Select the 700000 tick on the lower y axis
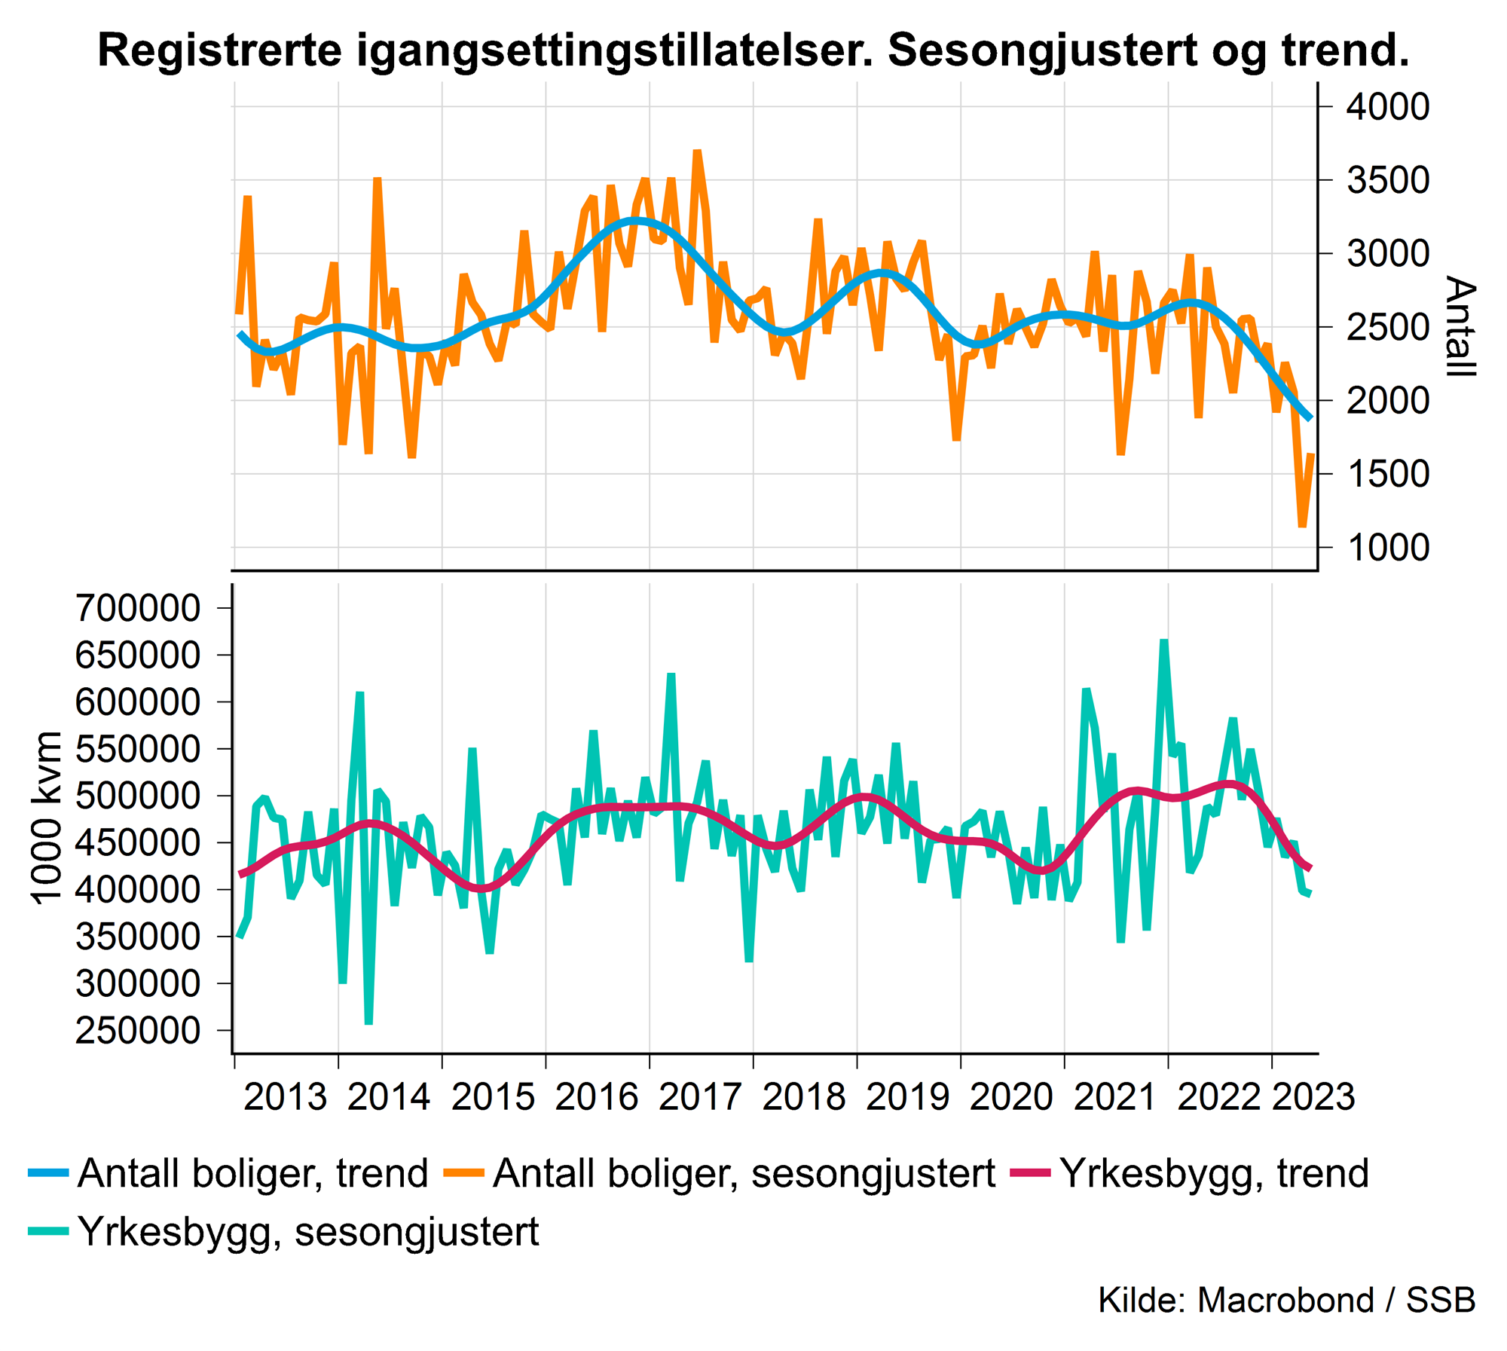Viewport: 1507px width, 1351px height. [x=138, y=608]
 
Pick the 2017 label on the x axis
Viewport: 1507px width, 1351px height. [x=701, y=1096]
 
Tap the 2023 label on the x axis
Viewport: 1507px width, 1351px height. [x=1313, y=1096]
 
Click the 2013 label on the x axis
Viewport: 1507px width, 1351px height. [x=286, y=1096]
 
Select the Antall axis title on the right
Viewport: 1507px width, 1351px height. [x=1460, y=326]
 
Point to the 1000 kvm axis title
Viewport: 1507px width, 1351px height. [x=47, y=818]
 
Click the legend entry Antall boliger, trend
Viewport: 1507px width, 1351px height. [x=252, y=1173]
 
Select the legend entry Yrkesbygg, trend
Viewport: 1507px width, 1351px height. [x=1214, y=1173]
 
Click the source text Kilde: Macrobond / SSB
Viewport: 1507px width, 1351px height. [x=1286, y=1300]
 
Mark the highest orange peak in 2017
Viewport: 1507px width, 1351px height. [x=697, y=151]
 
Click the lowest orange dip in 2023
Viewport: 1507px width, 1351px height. [x=1302, y=526]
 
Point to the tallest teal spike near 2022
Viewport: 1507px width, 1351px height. [x=1164, y=641]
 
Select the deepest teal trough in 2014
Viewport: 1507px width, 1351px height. [x=368, y=1023]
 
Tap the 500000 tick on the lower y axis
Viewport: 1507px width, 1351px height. [x=138, y=796]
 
